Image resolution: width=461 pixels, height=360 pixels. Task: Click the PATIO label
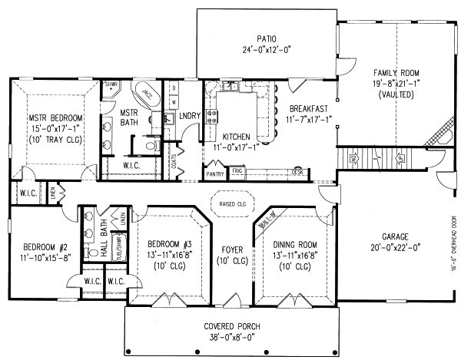(x=267, y=38)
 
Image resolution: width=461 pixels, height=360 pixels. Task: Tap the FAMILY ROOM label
(x=396, y=72)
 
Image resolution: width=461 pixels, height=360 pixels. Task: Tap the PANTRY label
(x=214, y=174)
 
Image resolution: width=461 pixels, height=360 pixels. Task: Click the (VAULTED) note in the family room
(x=396, y=94)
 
